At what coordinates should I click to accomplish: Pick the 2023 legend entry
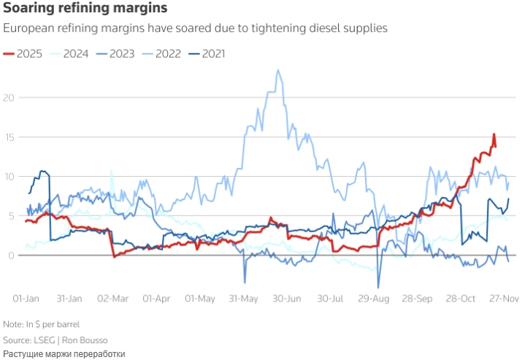pyautogui.click(x=121, y=53)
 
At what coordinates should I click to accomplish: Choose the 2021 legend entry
pyautogui.click(x=212, y=53)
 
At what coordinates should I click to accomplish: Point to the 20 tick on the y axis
pyautogui.click(x=8, y=97)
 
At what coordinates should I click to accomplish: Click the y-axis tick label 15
pyautogui.click(x=8, y=137)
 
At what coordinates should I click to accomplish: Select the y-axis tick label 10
pyautogui.click(x=8, y=176)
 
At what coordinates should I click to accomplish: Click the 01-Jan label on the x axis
pyautogui.click(x=26, y=299)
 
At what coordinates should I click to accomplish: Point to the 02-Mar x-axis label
pyautogui.click(x=112, y=299)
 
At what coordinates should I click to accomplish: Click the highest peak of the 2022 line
pyautogui.click(x=277, y=70)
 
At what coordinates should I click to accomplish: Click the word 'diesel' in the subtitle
pyautogui.click(x=312, y=28)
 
